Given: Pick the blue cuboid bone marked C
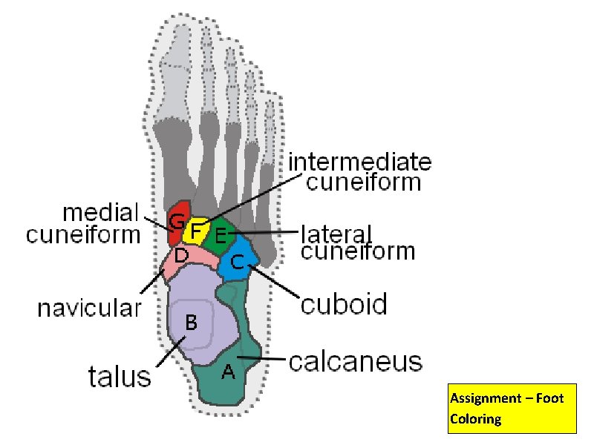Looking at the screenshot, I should (x=239, y=263).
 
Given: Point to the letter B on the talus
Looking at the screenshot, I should (x=191, y=323).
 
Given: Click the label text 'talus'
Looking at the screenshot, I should (x=120, y=377).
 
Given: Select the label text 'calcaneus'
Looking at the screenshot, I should (x=355, y=362).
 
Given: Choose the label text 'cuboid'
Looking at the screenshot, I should (x=344, y=304).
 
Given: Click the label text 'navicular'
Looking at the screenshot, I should (x=89, y=308).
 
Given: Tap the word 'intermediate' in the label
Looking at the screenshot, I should (x=359, y=162).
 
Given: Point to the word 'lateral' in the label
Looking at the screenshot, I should (x=336, y=233).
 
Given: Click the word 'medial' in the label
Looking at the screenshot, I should (x=101, y=213).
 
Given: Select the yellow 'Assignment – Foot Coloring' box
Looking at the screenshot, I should (x=512, y=409).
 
